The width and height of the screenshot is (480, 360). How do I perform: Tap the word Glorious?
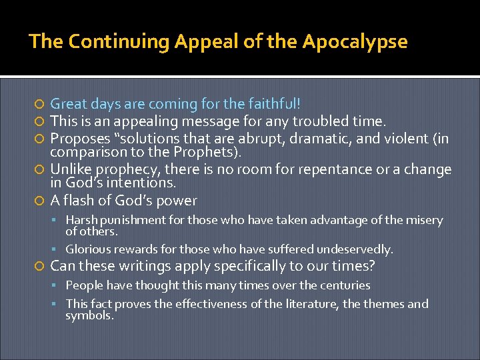pos(88,249)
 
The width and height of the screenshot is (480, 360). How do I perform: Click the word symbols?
pos(89,315)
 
